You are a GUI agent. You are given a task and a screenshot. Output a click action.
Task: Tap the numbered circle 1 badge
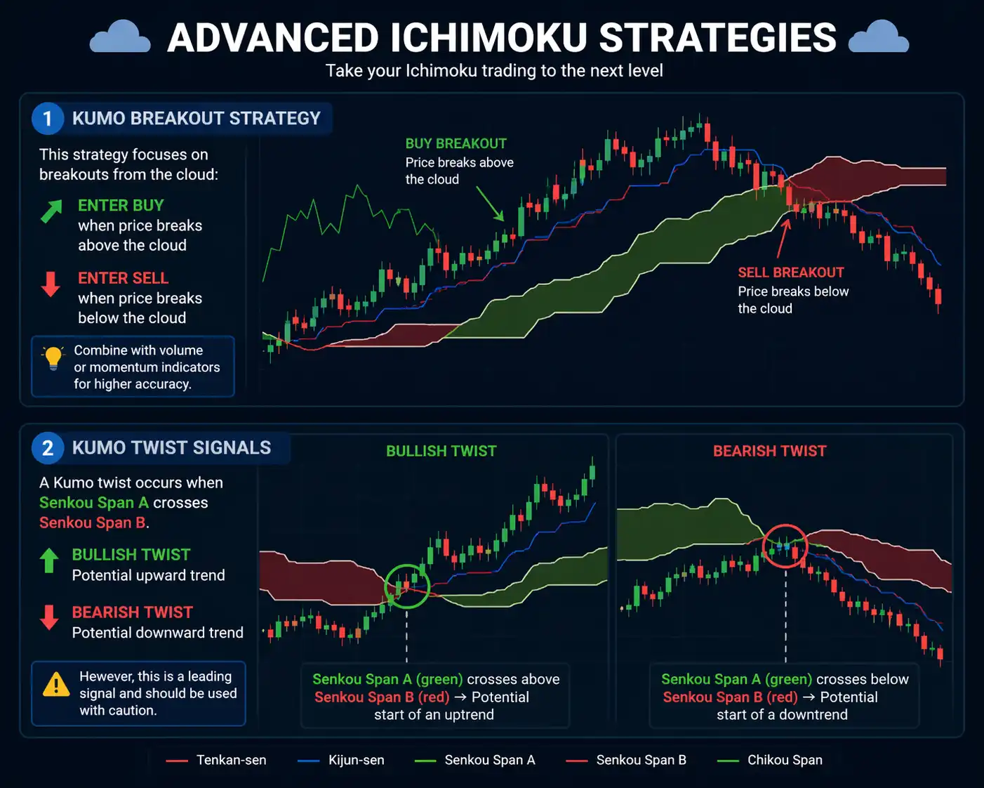point(48,119)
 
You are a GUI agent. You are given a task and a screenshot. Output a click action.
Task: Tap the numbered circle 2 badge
point(48,448)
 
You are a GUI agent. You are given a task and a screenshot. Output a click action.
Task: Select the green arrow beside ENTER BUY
point(51,211)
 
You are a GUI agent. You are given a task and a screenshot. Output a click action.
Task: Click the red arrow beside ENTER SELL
point(51,284)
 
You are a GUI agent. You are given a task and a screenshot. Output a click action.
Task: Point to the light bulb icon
point(53,357)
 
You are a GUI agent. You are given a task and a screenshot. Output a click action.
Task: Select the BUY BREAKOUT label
point(456,143)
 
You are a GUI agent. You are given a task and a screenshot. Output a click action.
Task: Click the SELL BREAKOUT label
point(790,272)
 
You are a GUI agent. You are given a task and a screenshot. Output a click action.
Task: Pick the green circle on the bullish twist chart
point(407,586)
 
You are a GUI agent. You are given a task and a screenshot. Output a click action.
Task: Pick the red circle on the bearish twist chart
point(785,546)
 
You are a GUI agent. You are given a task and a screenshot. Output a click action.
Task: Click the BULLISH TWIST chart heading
point(441,451)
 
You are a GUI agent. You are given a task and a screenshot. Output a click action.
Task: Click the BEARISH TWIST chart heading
point(769,451)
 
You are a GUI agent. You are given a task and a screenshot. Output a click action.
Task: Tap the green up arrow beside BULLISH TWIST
point(49,560)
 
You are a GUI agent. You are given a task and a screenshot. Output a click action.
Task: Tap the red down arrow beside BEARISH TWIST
point(49,617)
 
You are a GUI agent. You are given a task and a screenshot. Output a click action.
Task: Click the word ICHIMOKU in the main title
point(488,38)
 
